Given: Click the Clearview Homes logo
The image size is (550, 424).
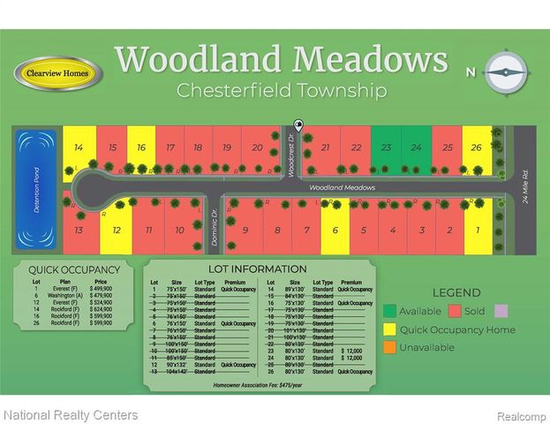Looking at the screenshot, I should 58,72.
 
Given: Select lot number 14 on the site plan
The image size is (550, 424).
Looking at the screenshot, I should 79,148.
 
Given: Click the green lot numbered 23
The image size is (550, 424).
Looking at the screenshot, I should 386,148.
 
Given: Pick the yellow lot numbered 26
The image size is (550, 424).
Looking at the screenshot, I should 477,148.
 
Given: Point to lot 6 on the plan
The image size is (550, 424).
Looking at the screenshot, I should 335,231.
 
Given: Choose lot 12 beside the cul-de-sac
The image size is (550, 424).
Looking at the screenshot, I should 116,231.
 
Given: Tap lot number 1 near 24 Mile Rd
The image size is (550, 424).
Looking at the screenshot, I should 478,231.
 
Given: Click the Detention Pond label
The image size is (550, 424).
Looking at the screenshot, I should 37,188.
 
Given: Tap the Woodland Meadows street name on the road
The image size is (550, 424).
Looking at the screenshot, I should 342,188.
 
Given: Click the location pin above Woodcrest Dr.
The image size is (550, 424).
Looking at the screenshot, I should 298,126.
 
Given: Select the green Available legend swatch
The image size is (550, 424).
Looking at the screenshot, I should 389,311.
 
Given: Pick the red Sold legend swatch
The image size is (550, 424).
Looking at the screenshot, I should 456,311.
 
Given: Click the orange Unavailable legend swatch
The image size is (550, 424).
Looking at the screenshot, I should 389,347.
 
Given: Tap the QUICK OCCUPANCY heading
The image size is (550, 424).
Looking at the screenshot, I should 74,270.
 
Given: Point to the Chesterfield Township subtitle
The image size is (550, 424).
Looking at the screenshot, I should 281,90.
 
